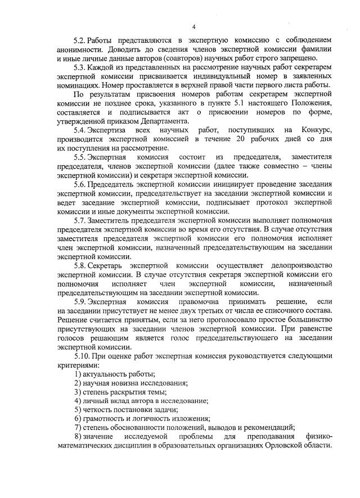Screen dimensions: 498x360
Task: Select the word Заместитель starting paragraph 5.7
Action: click(x=112, y=221)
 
